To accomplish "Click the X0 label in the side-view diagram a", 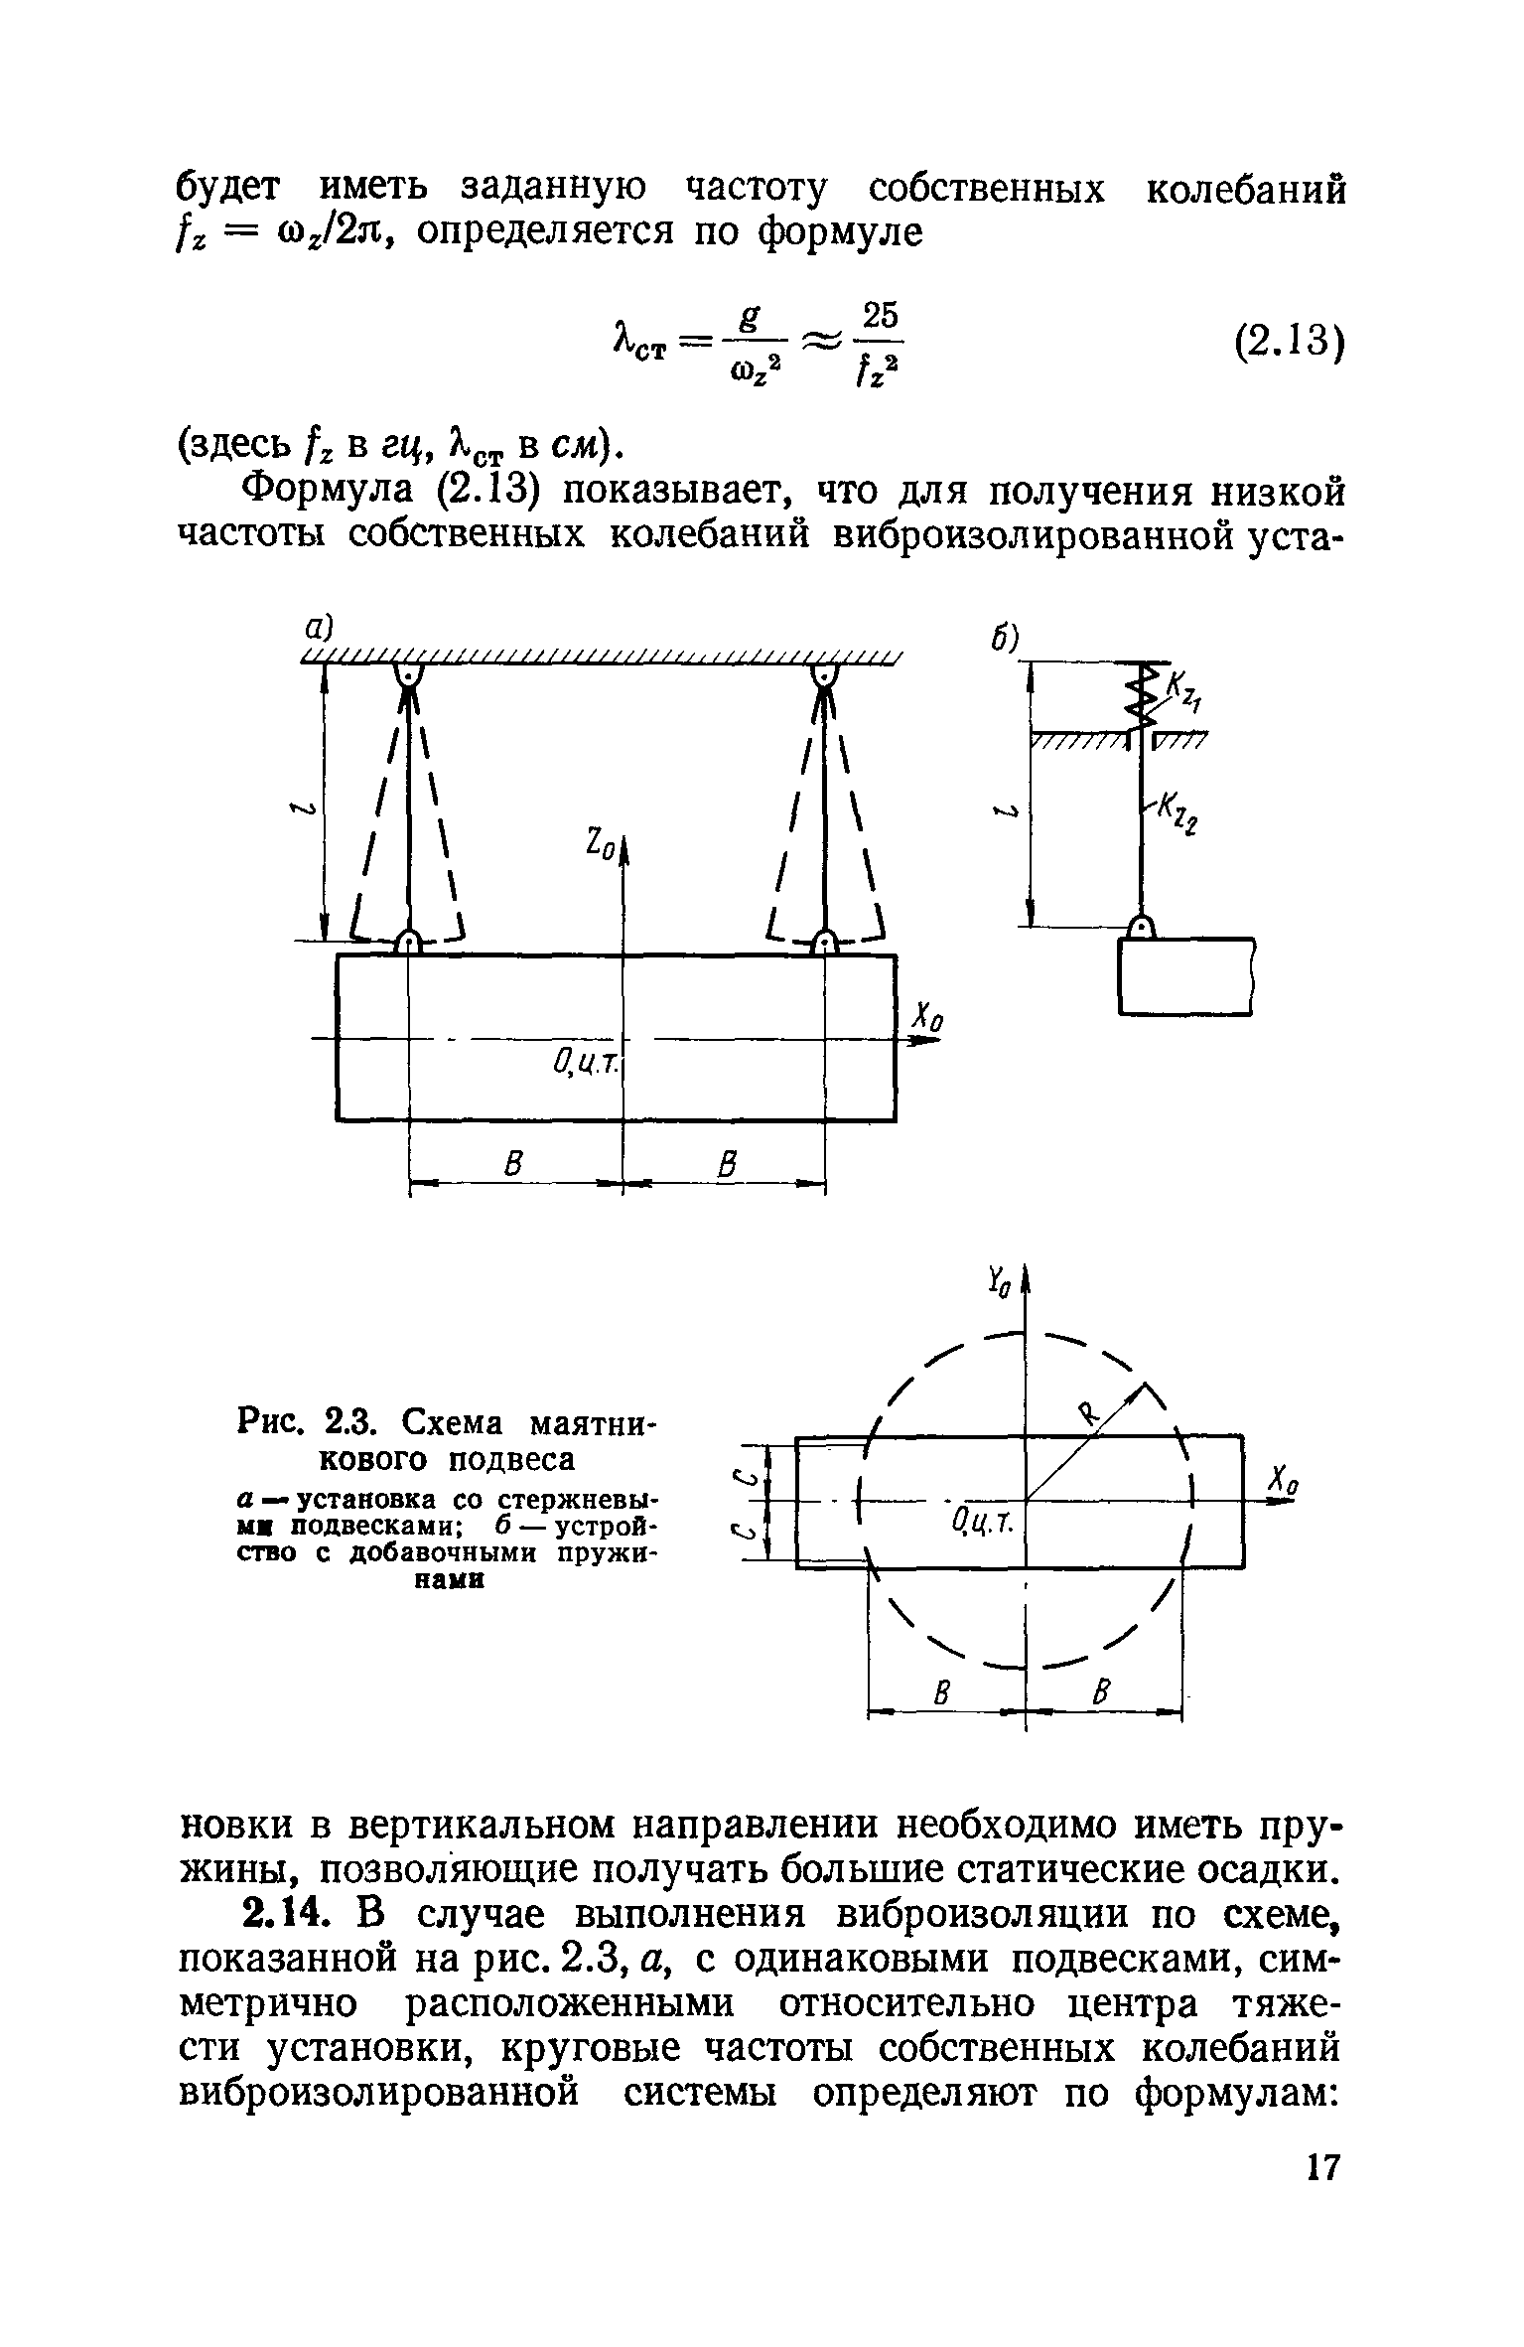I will point(928,1019).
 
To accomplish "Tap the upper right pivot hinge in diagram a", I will point(824,675).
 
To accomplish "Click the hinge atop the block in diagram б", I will point(1142,928).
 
